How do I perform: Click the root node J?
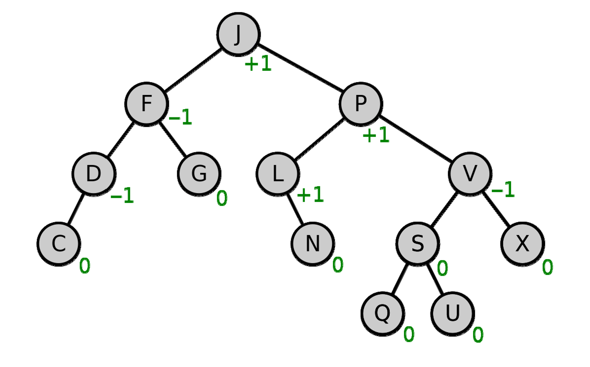[238, 34]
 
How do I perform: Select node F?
[146, 104]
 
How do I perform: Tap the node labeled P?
[361, 104]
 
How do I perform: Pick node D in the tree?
[94, 174]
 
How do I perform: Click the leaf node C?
[59, 244]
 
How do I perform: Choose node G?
[199, 174]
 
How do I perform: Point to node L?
[278, 174]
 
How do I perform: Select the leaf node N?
[312, 244]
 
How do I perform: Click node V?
[470, 174]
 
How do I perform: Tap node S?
[417, 244]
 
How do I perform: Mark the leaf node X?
[522, 244]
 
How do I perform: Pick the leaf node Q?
[382, 313]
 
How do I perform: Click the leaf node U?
[452, 313]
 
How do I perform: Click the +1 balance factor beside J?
[258, 64]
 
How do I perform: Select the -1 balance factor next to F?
[180, 117]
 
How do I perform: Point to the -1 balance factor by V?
[503, 189]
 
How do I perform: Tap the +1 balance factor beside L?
[310, 195]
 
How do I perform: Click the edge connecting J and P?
[300, 68]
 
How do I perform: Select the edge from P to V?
[415, 139]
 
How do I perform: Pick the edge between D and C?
[76, 209]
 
